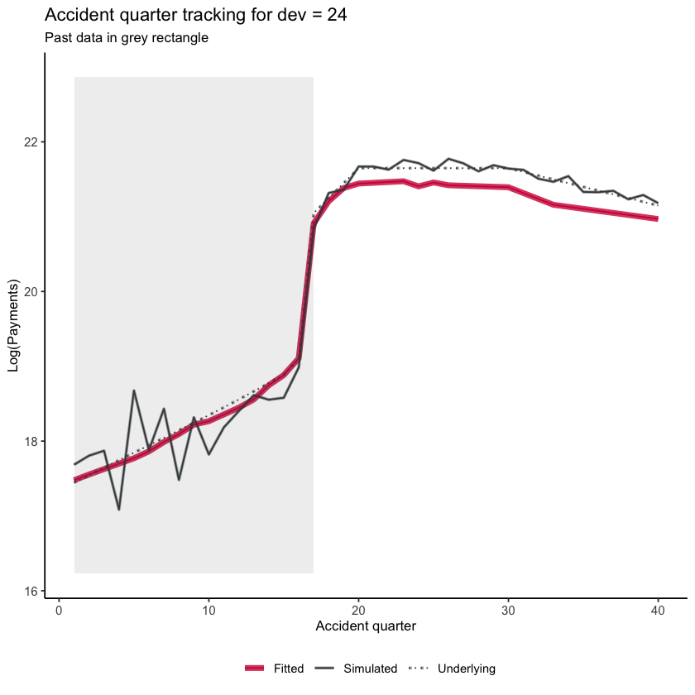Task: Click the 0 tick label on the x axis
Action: point(59,611)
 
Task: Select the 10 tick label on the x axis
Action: point(208,611)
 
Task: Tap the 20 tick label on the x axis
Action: point(358,611)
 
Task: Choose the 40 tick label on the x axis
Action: point(658,611)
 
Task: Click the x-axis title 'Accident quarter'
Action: point(366,627)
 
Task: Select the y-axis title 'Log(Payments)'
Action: point(13,337)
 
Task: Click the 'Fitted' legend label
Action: point(290,669)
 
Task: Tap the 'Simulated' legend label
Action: point(371,669)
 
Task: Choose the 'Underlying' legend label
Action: point(467,669)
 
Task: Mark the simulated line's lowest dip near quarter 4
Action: point(119,510)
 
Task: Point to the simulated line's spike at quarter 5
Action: point(134,391)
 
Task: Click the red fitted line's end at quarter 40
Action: point(658,218)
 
